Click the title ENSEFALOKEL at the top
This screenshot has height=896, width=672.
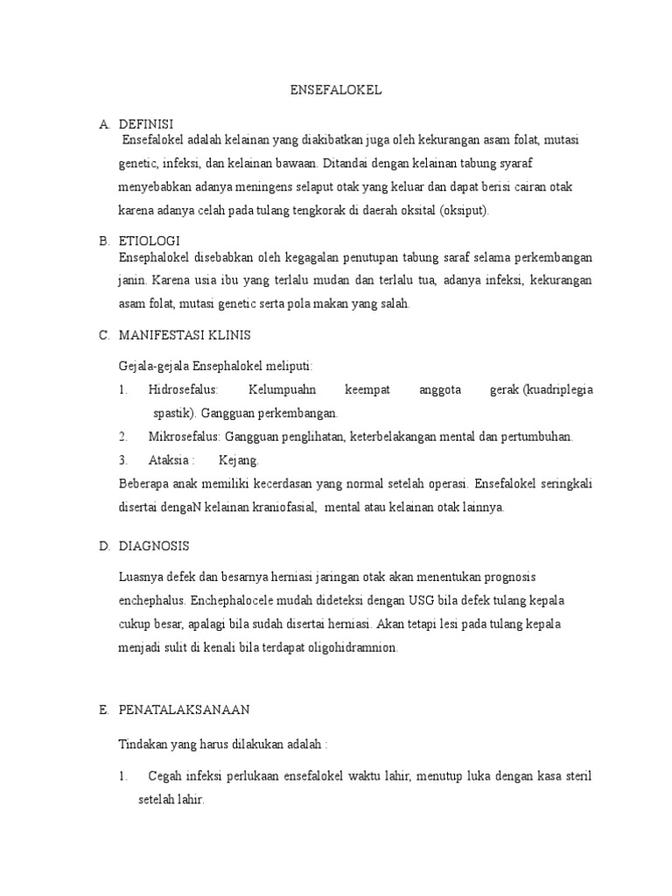pyautogui.click(x=336, y=90)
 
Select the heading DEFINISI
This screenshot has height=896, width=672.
pyautogui.click(x=146, y=124)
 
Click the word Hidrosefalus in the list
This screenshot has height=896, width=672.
pyautogui.click(x=184, y=389)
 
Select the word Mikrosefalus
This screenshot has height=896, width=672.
pyautogui.click(x=185, y=437)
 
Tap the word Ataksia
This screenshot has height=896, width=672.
pyautogui.click(x=169, y=459)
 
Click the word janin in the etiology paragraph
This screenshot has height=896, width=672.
pyautogui.click(x=131, y=281)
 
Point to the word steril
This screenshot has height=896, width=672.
pyautogui.click(x=573, y=776)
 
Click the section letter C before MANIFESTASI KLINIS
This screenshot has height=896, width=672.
pyautogui.click(x=103, y=336)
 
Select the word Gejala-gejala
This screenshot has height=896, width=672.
pyautogui.click(x=152, y=366)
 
